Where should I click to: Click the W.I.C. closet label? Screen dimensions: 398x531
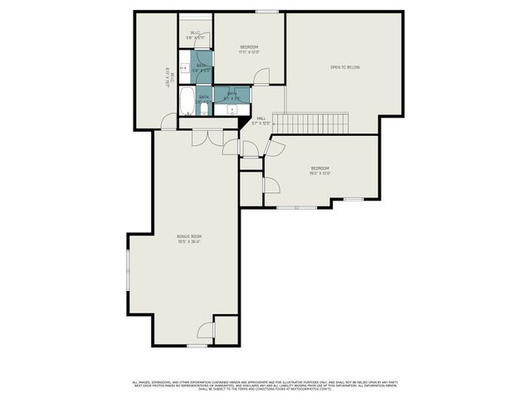pos(195,35)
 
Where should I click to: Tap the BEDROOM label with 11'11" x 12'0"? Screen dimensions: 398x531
pos(249,49)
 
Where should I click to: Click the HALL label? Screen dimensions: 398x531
pos(262,121)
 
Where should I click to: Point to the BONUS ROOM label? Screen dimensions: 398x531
pos(189,239)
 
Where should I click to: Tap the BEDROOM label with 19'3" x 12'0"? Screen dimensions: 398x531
pos(320,171)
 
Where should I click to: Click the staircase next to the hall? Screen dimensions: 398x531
pos(310,123)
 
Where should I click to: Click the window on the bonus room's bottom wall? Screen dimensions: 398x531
pos(196,345)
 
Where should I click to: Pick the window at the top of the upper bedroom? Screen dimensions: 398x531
pos(266,12)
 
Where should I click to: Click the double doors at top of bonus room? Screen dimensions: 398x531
pos(207,137)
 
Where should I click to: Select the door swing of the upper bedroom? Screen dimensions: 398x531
pos(261,77)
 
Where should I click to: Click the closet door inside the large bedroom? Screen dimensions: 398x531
pos(270,184)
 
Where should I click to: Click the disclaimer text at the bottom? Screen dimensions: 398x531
pos(265,385)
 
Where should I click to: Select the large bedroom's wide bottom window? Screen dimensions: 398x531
pos(296,207)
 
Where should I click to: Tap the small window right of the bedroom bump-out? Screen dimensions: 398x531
pos(353,199)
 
